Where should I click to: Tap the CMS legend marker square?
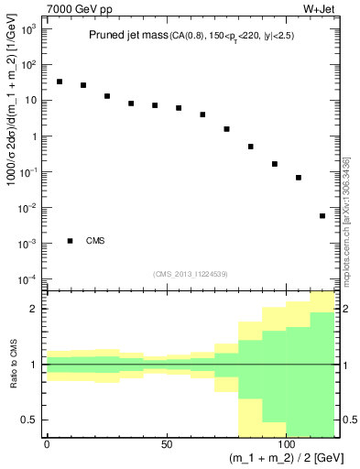(71, 241)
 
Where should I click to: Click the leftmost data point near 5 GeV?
(60, 82)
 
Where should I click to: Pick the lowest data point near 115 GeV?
(322, 216)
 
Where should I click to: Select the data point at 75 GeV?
(227, 129)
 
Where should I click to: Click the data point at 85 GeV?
(251, 147)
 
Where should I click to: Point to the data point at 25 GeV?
(107, 96)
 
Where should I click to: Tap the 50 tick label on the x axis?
(167, 444)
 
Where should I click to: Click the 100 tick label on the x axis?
(287, 444)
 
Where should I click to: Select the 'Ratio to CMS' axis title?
(12, 365)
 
